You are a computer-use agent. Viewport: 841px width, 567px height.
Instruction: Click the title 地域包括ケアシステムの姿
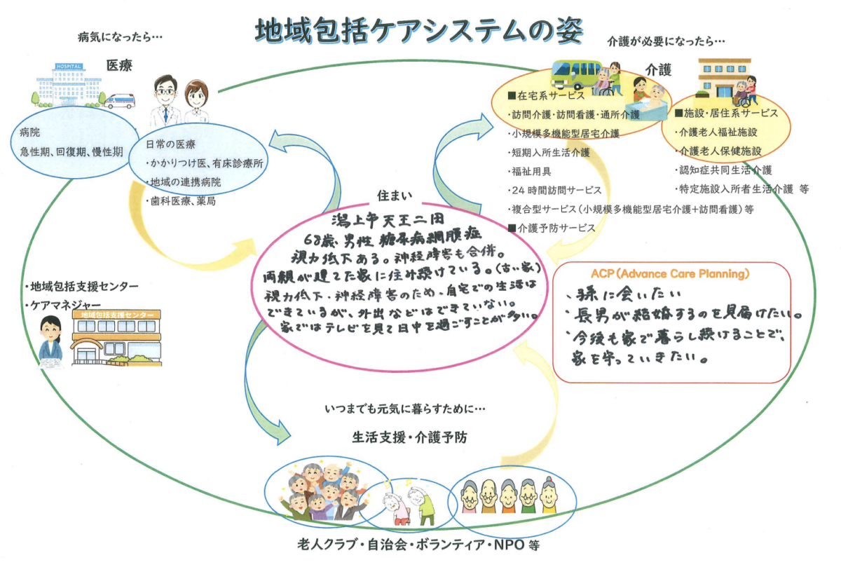tap(419, 30)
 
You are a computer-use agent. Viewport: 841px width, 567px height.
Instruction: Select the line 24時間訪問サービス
tap(554, 190)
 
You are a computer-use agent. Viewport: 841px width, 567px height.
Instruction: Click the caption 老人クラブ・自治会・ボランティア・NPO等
tap(419, 545)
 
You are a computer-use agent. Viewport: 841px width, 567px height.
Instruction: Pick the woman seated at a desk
tap(50, 344)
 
